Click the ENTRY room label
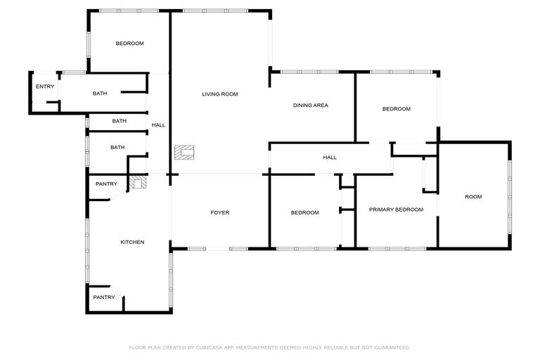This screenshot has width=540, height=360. click(x=45, y=86)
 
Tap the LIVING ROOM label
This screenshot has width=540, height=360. click(x=220, y=94)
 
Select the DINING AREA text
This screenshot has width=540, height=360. click(x=311, y=105)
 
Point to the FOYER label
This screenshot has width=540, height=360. click(x=220, y=212)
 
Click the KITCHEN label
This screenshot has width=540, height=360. click(x=132, y=242)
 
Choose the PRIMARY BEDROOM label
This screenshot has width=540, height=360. click(x=397, y=210)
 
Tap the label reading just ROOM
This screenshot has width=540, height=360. click(x=473, y=196)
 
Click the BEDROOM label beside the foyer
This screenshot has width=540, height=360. click(x=305, y=212)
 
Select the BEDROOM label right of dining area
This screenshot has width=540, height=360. click(x=397, y=109)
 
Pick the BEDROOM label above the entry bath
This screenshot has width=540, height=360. click(x=129, y=44)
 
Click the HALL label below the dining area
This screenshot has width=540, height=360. click(x=330, y=157)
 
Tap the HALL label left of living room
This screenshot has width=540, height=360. click(x=159, y=125)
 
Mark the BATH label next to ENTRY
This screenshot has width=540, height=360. click(x=99, y=94)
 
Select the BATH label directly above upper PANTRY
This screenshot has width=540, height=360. click(x=117, y=147)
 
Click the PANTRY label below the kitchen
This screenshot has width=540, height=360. click(x=104, y=297)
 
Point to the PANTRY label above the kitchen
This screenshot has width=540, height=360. click(x=106, y=184)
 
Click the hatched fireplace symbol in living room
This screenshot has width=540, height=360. click(x=184, y=152)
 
